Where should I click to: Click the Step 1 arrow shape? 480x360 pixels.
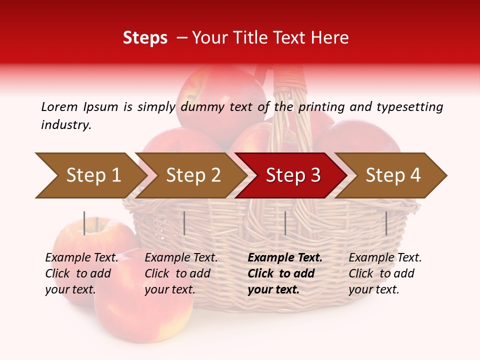point(90,175)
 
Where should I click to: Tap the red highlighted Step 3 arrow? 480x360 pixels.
point(292,175)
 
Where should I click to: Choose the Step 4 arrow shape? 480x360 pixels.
point(392,175)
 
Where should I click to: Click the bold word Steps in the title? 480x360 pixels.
point(145,38)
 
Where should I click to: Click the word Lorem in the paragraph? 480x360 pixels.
point(59,106)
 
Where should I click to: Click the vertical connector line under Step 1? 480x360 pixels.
point(84,223)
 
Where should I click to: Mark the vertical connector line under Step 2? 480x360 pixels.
point(184,223)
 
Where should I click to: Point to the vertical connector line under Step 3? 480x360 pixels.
point(285,223)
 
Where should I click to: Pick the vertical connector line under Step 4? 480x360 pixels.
point(386,223)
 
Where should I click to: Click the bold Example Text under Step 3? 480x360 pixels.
point(285,258)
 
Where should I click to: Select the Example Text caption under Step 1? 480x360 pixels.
point(81,258)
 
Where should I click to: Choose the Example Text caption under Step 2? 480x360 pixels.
point(181,258)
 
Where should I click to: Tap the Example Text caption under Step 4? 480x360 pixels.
point(385,258)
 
